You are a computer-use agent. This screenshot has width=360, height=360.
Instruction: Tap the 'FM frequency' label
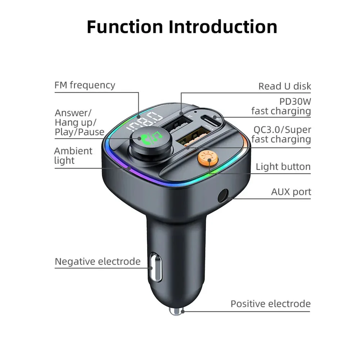click(x=85, y=85)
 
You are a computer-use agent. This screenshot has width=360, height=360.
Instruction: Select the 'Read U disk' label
click(x=284, y=86)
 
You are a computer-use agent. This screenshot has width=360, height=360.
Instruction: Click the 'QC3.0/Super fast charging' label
click(x=281, y=134)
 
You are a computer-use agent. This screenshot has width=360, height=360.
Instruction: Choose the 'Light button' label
click(x=283, y=167)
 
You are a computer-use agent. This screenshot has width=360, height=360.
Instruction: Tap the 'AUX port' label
click(x=291, y=192)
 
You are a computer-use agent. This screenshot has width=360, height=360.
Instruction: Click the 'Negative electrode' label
click(x=98, y=261)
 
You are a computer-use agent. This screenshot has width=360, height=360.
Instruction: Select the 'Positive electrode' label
click(x=270, y=304)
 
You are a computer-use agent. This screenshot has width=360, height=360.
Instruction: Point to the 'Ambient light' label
click(x=73, y=156)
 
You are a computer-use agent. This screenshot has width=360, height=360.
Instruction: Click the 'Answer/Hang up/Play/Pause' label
click(x=79, y=122)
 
